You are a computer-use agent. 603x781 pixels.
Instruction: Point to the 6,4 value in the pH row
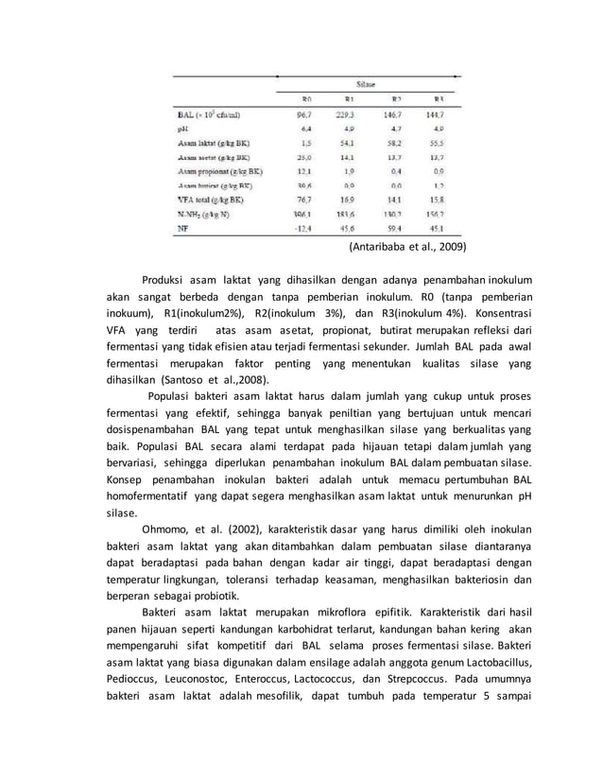(x=305, y=129)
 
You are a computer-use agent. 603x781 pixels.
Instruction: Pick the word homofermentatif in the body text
(x=147, y=495)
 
